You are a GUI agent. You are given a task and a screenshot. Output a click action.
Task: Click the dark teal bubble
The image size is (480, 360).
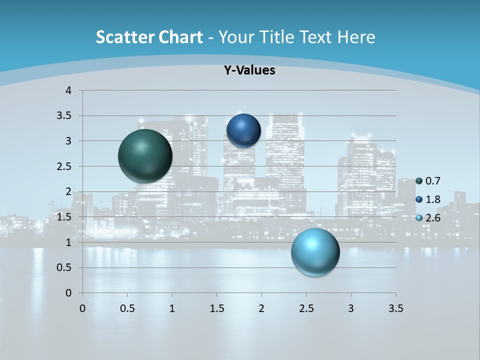coord(145,155)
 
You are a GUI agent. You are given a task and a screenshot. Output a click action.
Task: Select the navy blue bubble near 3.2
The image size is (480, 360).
coord(243,130)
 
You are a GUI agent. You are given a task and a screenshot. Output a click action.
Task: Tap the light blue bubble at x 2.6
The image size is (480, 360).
coord(315,252)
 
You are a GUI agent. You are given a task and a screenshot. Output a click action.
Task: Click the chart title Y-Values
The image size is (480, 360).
coord(249,70)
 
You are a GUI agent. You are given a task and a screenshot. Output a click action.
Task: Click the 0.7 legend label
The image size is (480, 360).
coord(433,181)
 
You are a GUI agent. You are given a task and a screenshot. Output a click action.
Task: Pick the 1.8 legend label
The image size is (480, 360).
coord(433,199)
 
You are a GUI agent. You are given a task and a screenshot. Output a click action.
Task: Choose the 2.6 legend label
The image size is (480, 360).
coord(433,218)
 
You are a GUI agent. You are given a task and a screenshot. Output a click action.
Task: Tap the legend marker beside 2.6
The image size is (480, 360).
coord(419,218)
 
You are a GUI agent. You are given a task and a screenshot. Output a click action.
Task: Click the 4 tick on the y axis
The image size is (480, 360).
coord(68,90)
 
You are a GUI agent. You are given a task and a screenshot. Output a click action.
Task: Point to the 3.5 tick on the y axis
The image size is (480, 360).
coord(65,115)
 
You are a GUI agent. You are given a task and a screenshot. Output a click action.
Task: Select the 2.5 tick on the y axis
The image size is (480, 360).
coord(65,166)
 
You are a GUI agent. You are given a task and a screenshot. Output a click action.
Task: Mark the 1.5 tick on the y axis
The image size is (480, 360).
coord(65,217)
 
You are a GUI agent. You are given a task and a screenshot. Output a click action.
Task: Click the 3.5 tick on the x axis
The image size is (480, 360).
coord(395,308)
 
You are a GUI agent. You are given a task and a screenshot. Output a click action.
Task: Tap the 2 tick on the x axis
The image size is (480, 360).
coord(261,308)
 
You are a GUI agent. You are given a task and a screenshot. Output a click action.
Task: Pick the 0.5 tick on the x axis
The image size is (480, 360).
coord(127,308)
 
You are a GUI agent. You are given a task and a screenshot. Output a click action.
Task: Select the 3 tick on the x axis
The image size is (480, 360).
coord(351,308)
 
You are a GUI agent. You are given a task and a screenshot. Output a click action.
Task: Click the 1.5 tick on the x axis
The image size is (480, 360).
coord(216,308)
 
